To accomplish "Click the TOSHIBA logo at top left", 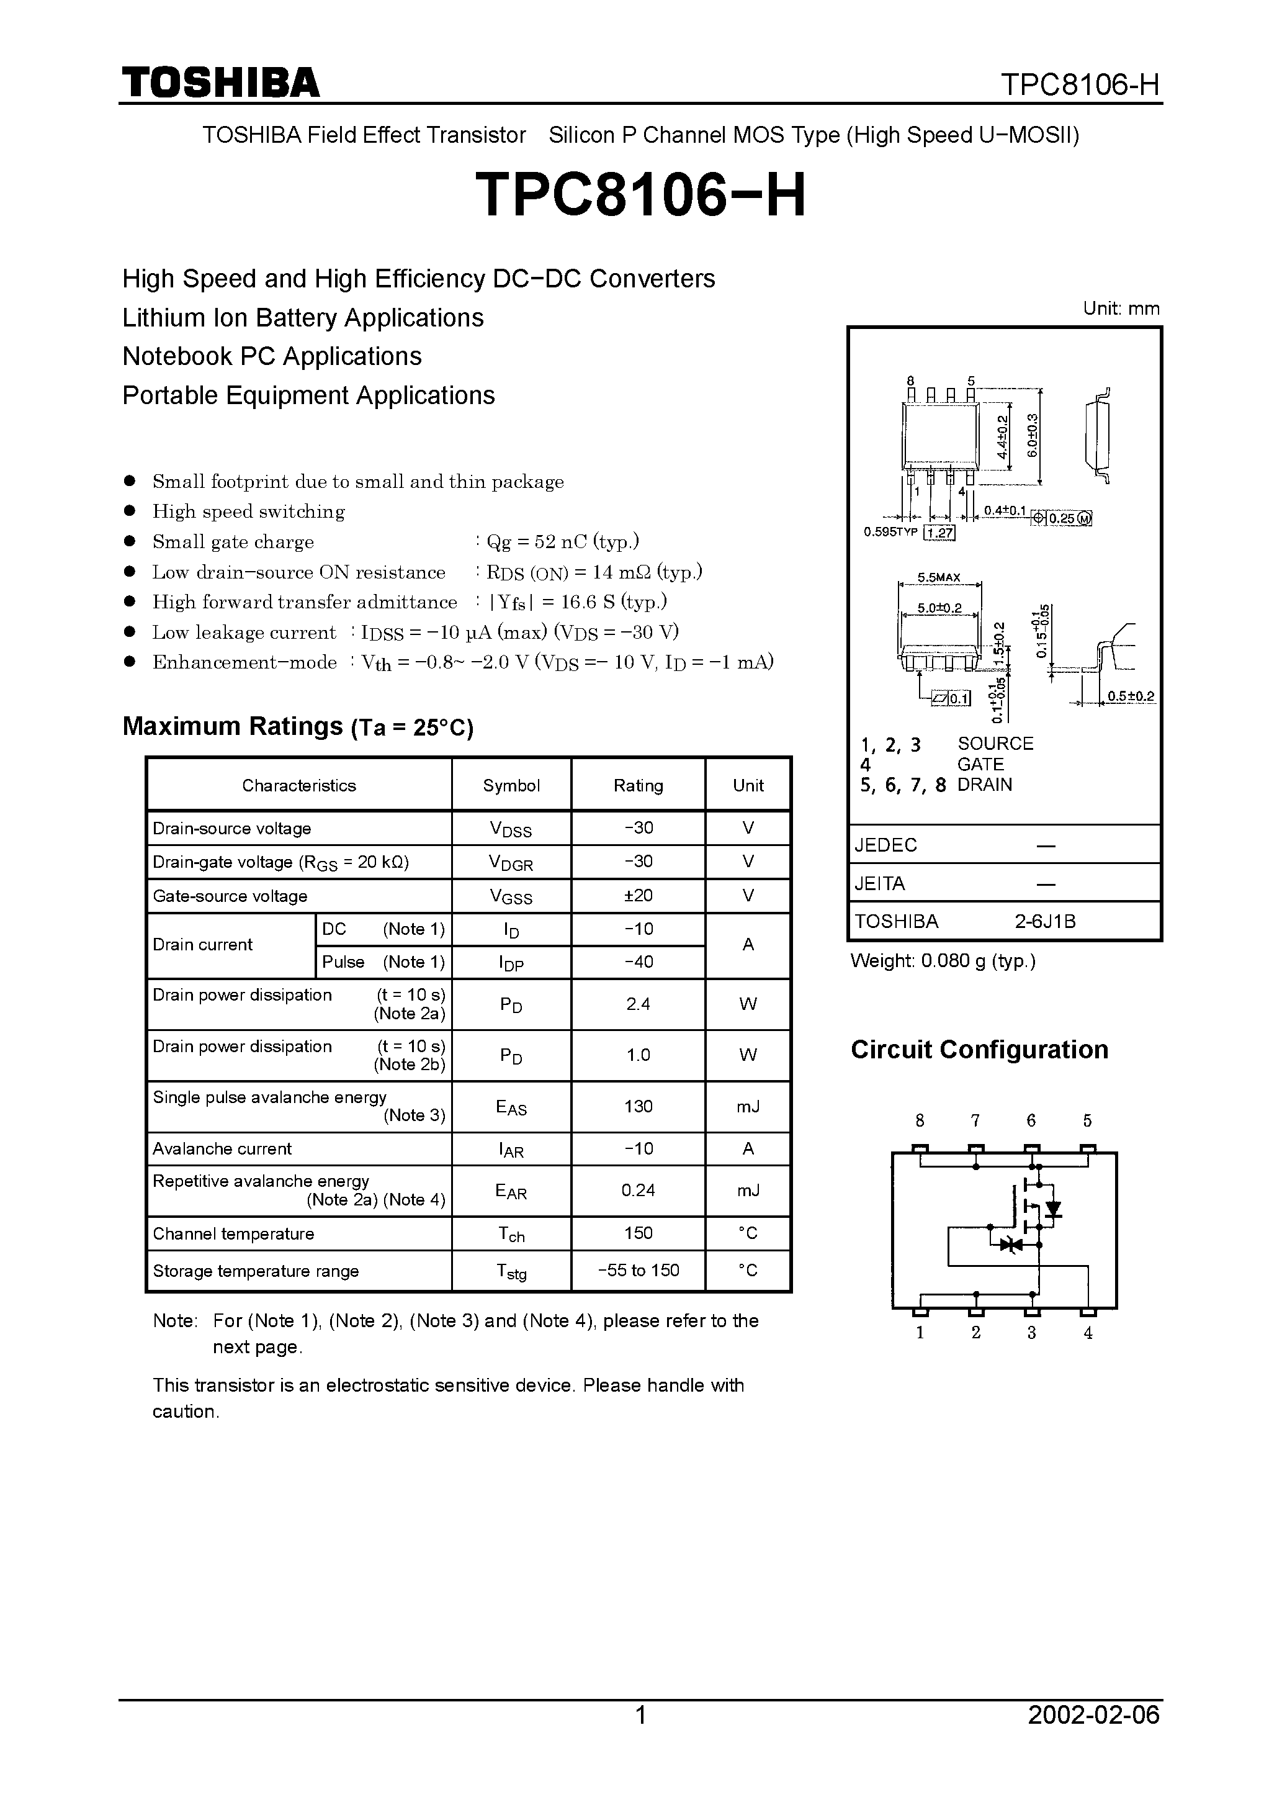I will pyautogui.click(x=220, y=83).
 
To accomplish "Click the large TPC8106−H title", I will pyautogui.click(x=640, y=196).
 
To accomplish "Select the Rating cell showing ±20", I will pyautogui.click(x=638, y=895).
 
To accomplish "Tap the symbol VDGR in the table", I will pyautogui.click(x=511, y=862).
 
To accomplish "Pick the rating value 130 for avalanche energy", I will pyautogui.click(x=638, y=1106).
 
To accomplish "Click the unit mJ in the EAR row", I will pyautogui.click(x=748, y=1190).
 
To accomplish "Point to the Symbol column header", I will pyautogui.click(x=511, y=785).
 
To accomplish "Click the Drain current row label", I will pyautogui.click(x=203, y=945).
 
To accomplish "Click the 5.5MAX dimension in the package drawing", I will pyautogui.click(x=939, y=577).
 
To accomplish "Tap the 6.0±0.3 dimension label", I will pyautogui.click(x=1032, y=436).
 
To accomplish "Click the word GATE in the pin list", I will pyautogui.click(x=980, y=764).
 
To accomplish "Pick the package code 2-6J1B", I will pyautogui.click(x=1046, y=921).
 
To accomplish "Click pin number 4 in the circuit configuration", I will pyautogui.click(x=1088, y=1333).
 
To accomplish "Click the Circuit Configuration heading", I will pyautogui.click(x=979, y=1049).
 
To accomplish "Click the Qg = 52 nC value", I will pyautogui.click(x=562, y=541).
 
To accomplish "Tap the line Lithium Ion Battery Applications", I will pyautogui.click(x=303, y=318).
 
